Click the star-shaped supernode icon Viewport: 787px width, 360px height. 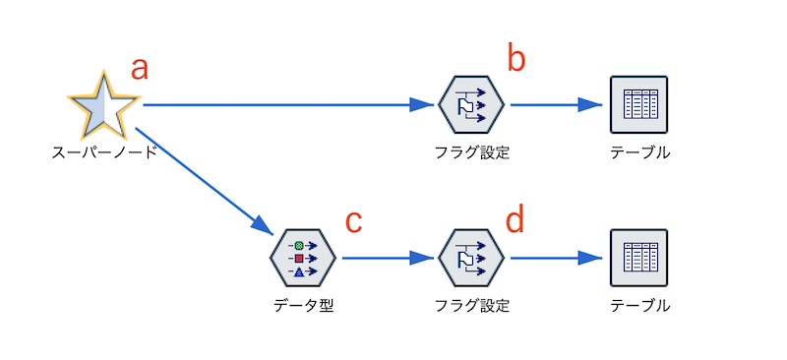[x=100, y=104]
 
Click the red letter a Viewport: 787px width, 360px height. [x=140, y=68]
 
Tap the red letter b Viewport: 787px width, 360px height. [x=516, y=59]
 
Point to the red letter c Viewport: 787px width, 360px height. [x=354, y=221]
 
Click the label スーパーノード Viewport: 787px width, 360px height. [x=104, y=152]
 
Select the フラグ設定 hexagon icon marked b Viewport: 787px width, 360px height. [x=471, y=103]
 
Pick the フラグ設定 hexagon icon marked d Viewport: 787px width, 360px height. [x=471, y=258]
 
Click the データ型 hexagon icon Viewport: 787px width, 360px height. [x=303, y=258]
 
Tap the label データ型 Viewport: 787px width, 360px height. [x=304, y=306]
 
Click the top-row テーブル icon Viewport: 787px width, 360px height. [x=639, y=103]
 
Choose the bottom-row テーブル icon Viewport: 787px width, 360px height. [x=639, y=258]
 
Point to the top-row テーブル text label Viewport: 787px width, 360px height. [x=639, y=152]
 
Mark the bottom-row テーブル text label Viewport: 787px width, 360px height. [x=639, y=306]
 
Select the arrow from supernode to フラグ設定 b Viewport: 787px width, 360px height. [x=285, y=103]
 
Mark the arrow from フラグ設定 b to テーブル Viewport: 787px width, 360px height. [x=556, y=103]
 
